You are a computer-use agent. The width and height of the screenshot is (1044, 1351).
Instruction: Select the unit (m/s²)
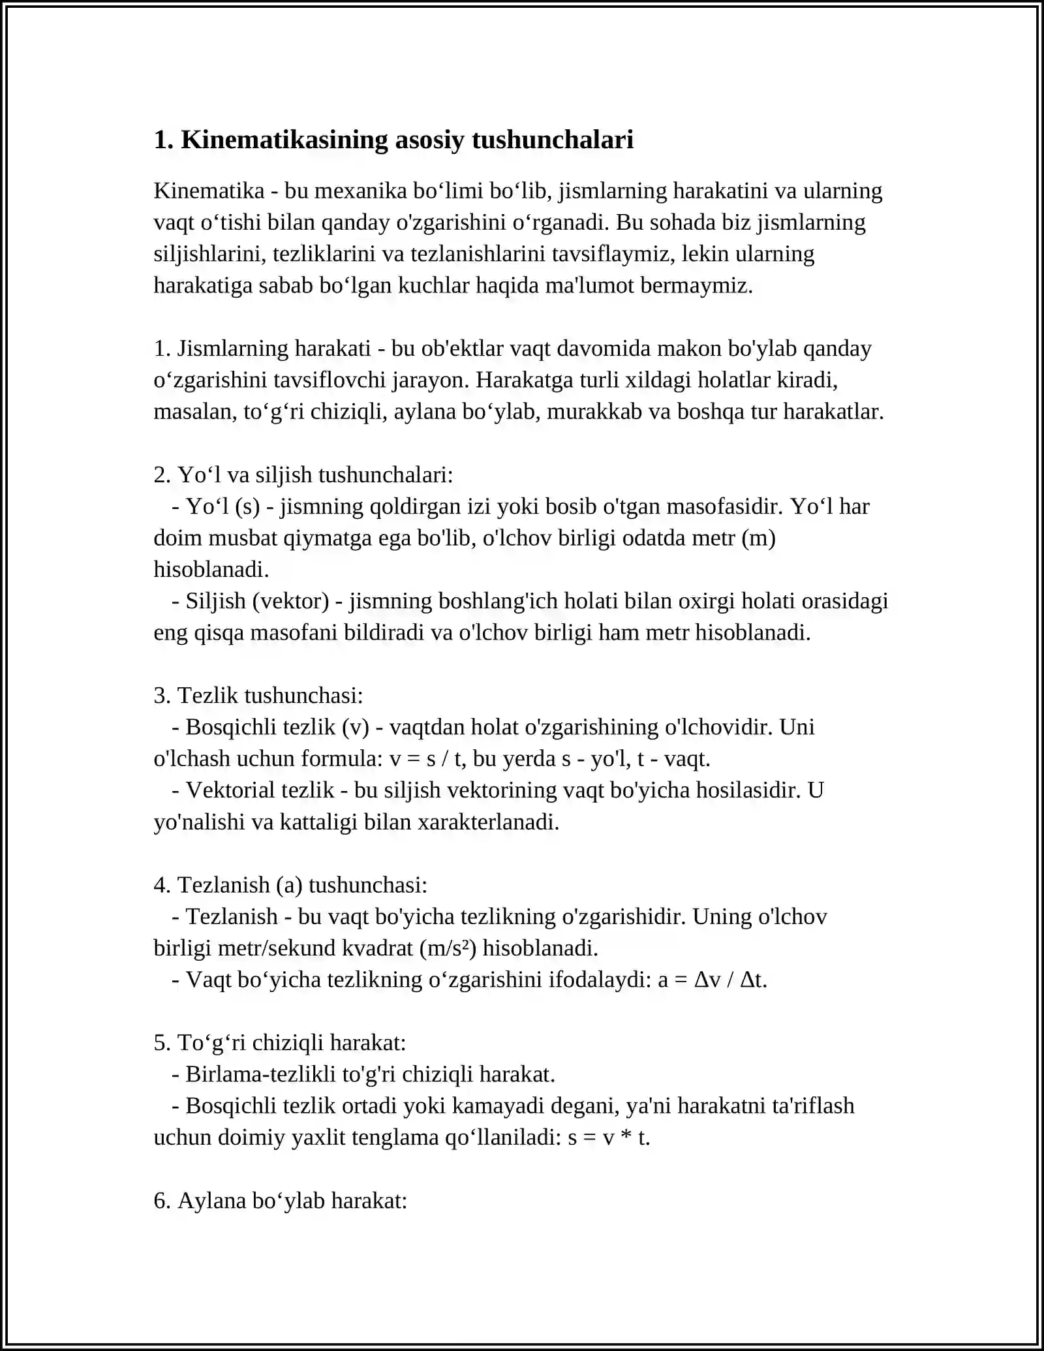click(449, 948)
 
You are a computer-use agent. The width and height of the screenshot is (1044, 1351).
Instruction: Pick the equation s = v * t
click(609, 1138)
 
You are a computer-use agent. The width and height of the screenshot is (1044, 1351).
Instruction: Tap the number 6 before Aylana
click(160, 1201)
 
